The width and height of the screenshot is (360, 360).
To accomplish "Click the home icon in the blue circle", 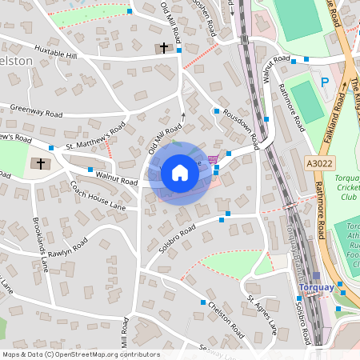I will [179, 173].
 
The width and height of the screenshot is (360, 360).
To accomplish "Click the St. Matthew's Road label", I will [96, 136].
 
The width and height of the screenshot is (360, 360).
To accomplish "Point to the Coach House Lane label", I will [98, 195].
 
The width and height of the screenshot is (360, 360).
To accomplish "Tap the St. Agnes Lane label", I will [262, 314].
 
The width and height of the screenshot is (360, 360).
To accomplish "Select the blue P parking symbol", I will [325, 82].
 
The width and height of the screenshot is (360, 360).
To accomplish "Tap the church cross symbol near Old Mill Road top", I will [164, 48].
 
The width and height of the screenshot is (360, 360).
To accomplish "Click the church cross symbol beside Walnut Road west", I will [40, 163].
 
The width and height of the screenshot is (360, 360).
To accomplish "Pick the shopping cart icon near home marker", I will [212, 159].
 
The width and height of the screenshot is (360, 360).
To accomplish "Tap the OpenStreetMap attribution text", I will [80, 354].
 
